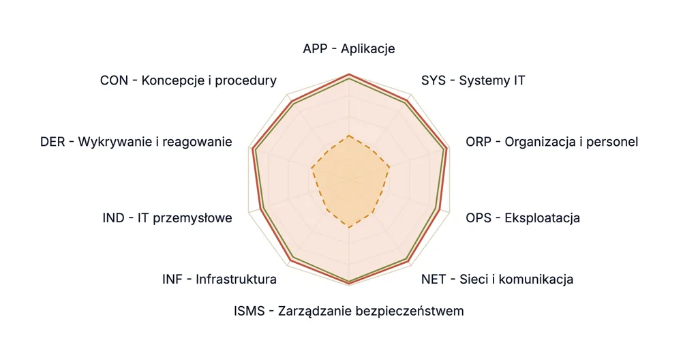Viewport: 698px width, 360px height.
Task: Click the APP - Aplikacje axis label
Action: (349, 48)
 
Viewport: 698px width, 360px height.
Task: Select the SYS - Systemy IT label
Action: (473, 80)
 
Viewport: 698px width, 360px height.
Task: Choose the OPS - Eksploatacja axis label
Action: (523, 218)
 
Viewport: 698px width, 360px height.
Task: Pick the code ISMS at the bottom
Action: (249, 311)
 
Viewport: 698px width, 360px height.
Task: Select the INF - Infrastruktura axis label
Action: (219, 280)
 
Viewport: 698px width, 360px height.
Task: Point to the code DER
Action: (52, 142)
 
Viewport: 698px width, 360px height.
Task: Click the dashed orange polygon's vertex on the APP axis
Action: (350, 135)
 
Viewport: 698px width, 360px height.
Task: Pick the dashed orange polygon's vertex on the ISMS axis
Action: (350, 228)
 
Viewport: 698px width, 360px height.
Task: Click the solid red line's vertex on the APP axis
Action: (350, 74)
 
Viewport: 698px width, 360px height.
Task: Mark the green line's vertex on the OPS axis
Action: (436, 208)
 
